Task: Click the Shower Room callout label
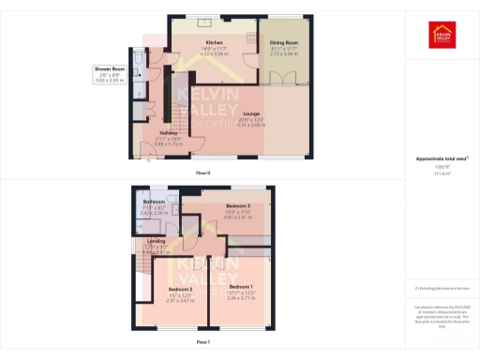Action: click(109, 69)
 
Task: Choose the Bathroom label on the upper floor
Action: click(154, 202)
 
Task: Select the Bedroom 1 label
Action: click(241, 286)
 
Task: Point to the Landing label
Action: click(157, 241)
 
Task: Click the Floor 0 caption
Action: click(202, 173)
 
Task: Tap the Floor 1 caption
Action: click(202, 343)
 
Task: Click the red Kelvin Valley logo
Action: click(442, 35)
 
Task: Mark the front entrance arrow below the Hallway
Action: click(147, 159)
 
